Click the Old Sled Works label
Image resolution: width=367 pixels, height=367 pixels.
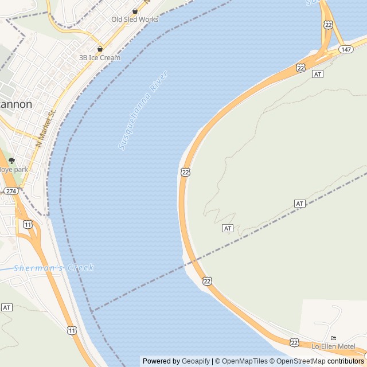[135, 19]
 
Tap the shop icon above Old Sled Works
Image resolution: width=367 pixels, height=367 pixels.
[135, 11]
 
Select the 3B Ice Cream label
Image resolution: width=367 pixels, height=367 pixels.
[100, 57]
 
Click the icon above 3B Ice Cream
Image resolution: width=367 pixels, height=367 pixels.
[100, 49]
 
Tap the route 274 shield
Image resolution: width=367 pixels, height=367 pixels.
[10, 191]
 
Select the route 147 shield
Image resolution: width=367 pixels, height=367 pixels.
[345, 49]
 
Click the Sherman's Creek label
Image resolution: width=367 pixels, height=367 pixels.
[53, 268]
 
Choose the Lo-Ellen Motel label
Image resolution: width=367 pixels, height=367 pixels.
[333, 346]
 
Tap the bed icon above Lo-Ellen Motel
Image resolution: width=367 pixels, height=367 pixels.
[334, 338]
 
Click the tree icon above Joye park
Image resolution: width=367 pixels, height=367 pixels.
[11, 161]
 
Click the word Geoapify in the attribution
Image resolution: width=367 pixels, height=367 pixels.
[196, 361]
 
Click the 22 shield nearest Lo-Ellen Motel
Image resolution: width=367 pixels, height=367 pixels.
[294, 342]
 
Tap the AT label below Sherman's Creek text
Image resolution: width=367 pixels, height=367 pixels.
[7, 307]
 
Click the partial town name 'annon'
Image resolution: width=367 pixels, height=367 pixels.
[16, 104]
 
